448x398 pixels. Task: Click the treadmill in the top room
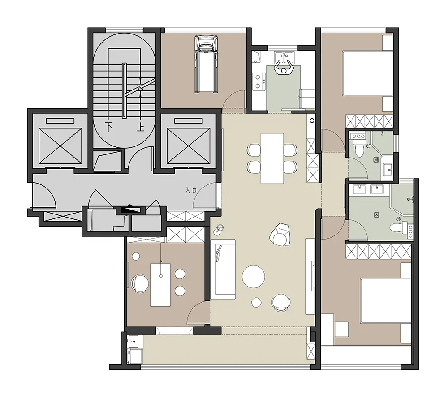coord(206,64)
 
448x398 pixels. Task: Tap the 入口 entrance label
coord(191,190)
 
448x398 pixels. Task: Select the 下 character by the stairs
coord(109,127)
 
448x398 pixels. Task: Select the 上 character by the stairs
coord(140,127)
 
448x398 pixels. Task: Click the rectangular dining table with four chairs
coord(272,158)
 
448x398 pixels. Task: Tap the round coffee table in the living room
coord(254,277)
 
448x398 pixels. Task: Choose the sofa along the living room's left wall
coord(223,269)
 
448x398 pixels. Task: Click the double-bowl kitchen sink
coord(283,57)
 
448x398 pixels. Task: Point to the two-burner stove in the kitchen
coord(259,81)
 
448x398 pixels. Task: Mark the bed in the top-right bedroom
coord(368,73)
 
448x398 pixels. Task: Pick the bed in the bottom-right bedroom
coord(386,301)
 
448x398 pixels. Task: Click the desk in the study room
coord(160,285)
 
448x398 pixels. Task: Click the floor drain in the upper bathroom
coord(376,160)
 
